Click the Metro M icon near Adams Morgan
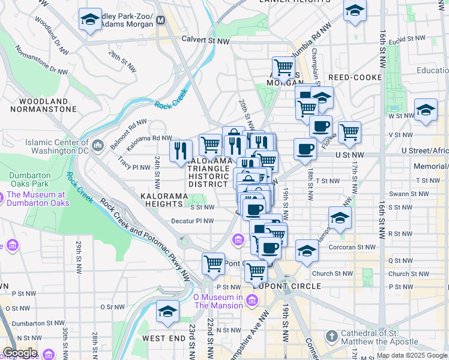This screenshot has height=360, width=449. (x=160, y=20)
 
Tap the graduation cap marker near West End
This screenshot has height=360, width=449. (x=168, y=311)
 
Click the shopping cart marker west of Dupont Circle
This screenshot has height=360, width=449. (x=213, y=263)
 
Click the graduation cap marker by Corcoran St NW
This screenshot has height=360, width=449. (x=307, y=250)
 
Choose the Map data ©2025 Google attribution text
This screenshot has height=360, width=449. (x=412, y=355)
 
